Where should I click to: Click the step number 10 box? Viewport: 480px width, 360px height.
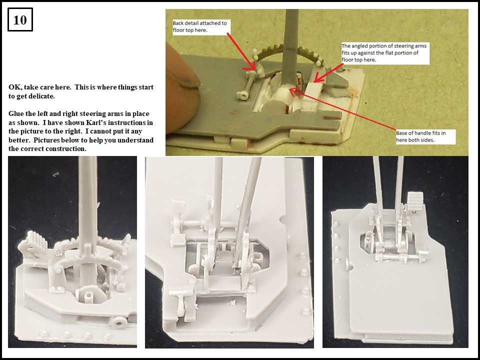click(20, 20)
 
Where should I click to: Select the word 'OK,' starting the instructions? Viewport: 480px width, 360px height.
click(15, 87)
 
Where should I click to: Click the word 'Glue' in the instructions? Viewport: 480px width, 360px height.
click(17, 114)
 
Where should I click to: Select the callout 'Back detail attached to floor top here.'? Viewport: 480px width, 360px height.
click(199, 26)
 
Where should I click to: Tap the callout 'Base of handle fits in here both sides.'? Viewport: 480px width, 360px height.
click(420, 136)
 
